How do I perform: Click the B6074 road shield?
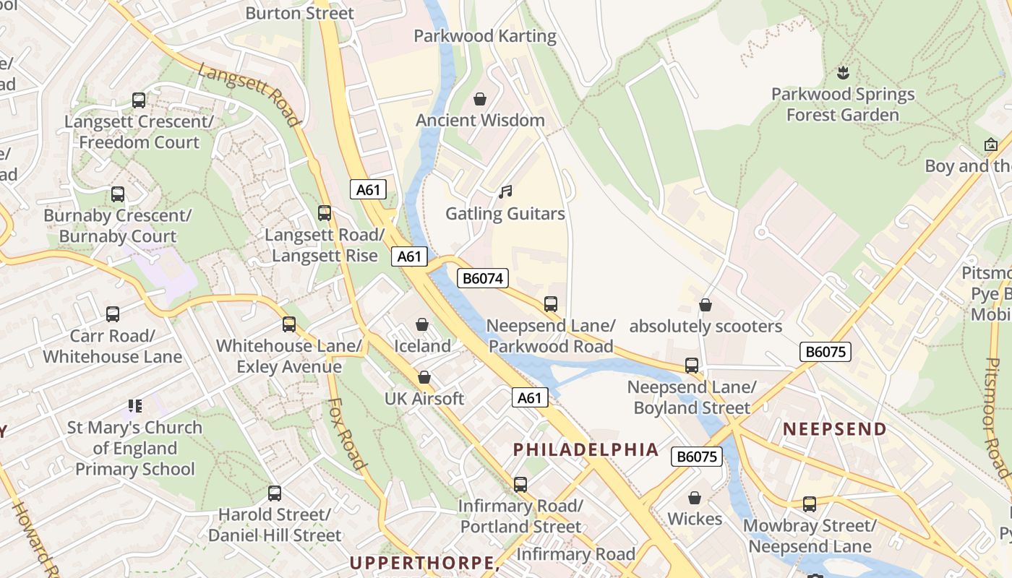[x=483, y=278]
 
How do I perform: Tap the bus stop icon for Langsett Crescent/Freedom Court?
[x=139, y=100]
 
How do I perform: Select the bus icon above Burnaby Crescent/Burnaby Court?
[x=118, y=194]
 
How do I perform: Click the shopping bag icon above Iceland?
[x=422, y=325]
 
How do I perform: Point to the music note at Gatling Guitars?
[x=505, y=192]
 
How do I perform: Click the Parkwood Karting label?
[x=484, y=36]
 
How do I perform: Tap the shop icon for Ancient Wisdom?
[x=479, y=99]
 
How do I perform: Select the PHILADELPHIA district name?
[x=586, y=449]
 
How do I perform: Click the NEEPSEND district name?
[x=835, y=428]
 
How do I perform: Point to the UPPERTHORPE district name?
[x=424, y=563]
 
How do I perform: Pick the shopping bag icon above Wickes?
[x=695, y=498]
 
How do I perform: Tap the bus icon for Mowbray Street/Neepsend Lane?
[x=810, y=504]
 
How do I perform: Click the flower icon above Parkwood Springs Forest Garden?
[x=842, y=72]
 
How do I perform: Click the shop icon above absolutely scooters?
[x=706, y=306]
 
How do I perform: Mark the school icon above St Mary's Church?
[x=134, y=406]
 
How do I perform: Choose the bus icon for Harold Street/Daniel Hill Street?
[x=275, y=493]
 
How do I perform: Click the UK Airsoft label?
[x=424, y=399]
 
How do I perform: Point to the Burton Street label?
[x=299, y=13]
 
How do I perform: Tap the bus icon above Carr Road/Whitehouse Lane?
[x=113, y=314]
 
